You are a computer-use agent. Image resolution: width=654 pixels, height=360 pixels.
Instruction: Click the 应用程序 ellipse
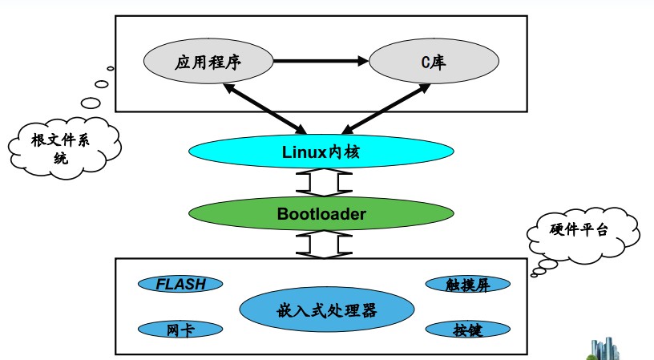(207, 60)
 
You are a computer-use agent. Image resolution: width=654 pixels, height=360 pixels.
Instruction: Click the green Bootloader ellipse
(321, 213)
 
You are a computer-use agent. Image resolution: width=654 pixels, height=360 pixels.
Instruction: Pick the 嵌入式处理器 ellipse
(321, 309)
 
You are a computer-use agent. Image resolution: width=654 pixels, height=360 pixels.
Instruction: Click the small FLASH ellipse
(180, 283)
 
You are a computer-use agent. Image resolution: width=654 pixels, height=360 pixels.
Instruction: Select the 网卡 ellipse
(180, 330)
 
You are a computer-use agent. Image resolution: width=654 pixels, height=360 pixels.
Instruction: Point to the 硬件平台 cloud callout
(579, 231)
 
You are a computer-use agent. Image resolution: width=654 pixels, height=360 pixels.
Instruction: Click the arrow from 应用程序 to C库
(321, 60)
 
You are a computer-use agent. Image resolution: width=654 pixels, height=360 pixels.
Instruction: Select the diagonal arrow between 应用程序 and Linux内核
(265, 107)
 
